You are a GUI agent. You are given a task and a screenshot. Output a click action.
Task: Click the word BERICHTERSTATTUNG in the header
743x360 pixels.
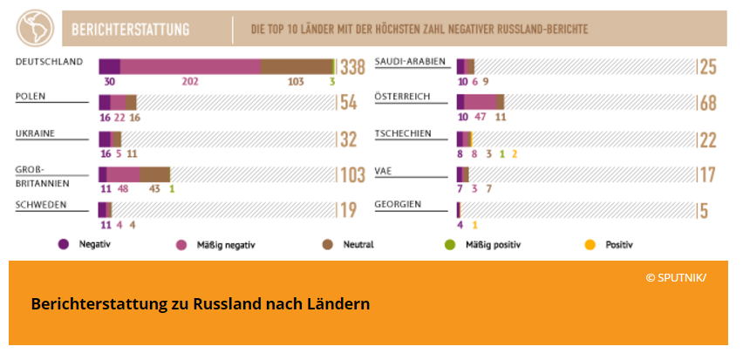tap(131, 30)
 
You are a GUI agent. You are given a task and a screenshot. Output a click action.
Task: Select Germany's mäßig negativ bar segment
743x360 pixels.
tap(190, 67)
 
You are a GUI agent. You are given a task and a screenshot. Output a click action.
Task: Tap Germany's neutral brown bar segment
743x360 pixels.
tap(297, 67)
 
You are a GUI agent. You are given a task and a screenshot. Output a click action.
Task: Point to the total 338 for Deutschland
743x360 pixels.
tap(352, 68)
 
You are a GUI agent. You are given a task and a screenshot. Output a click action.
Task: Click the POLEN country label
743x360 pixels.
tap(31, 96)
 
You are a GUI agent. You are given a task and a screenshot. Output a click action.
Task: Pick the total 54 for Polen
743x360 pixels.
tap(349, 103)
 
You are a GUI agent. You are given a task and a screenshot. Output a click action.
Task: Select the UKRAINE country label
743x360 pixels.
tap(36, 133)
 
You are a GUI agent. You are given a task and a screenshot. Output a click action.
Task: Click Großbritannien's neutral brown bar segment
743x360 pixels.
tap(154, 173)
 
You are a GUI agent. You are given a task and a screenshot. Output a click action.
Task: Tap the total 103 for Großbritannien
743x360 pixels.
tap(352, 175)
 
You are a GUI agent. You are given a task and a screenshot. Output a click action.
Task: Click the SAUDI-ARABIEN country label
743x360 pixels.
tap(410, 61)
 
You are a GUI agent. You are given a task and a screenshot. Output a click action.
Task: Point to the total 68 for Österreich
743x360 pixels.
tap(707, 103)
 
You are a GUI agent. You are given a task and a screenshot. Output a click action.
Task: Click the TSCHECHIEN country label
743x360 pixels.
tap(403, 133)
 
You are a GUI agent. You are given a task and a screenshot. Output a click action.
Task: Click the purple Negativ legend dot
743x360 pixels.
tap(62, 245)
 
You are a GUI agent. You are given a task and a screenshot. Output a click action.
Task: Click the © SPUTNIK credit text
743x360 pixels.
tap(676, 277)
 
